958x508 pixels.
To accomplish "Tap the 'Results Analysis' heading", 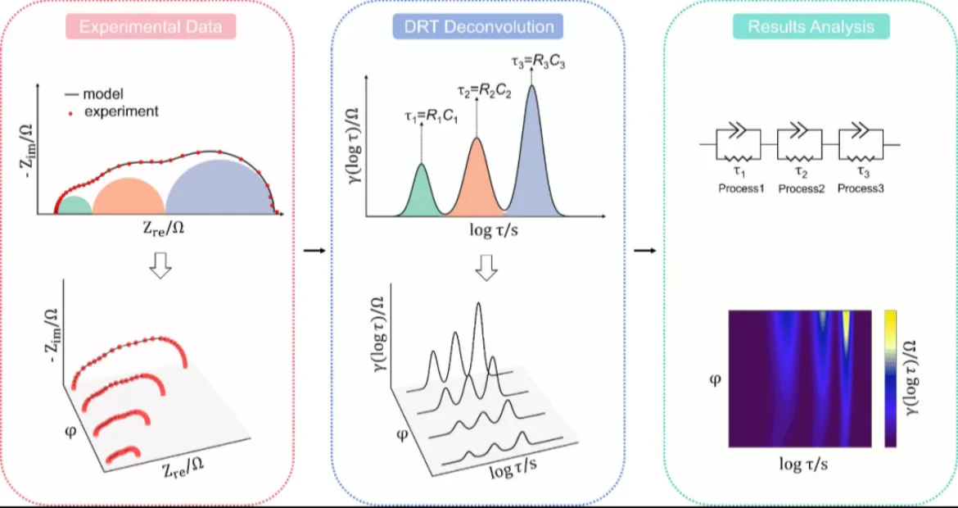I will click(810, 27).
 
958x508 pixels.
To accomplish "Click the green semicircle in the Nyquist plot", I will click(74, 206).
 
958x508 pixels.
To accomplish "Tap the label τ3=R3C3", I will click(536, 61).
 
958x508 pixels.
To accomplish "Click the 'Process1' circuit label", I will click(740, 188).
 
